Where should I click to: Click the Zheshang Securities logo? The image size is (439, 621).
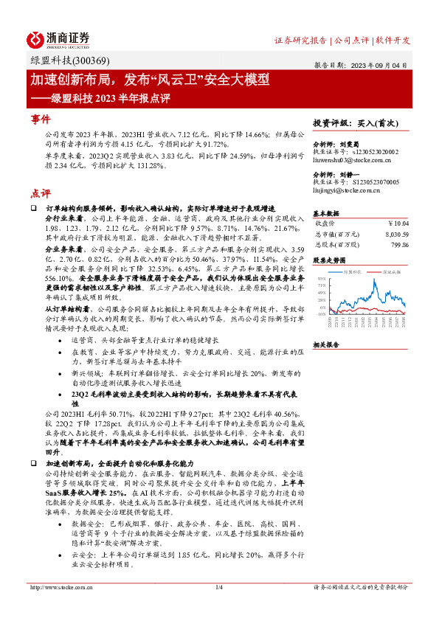[58, 40]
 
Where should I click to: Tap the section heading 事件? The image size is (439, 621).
[41, 119]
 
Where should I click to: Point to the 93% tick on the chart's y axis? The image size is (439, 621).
[321, 278]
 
